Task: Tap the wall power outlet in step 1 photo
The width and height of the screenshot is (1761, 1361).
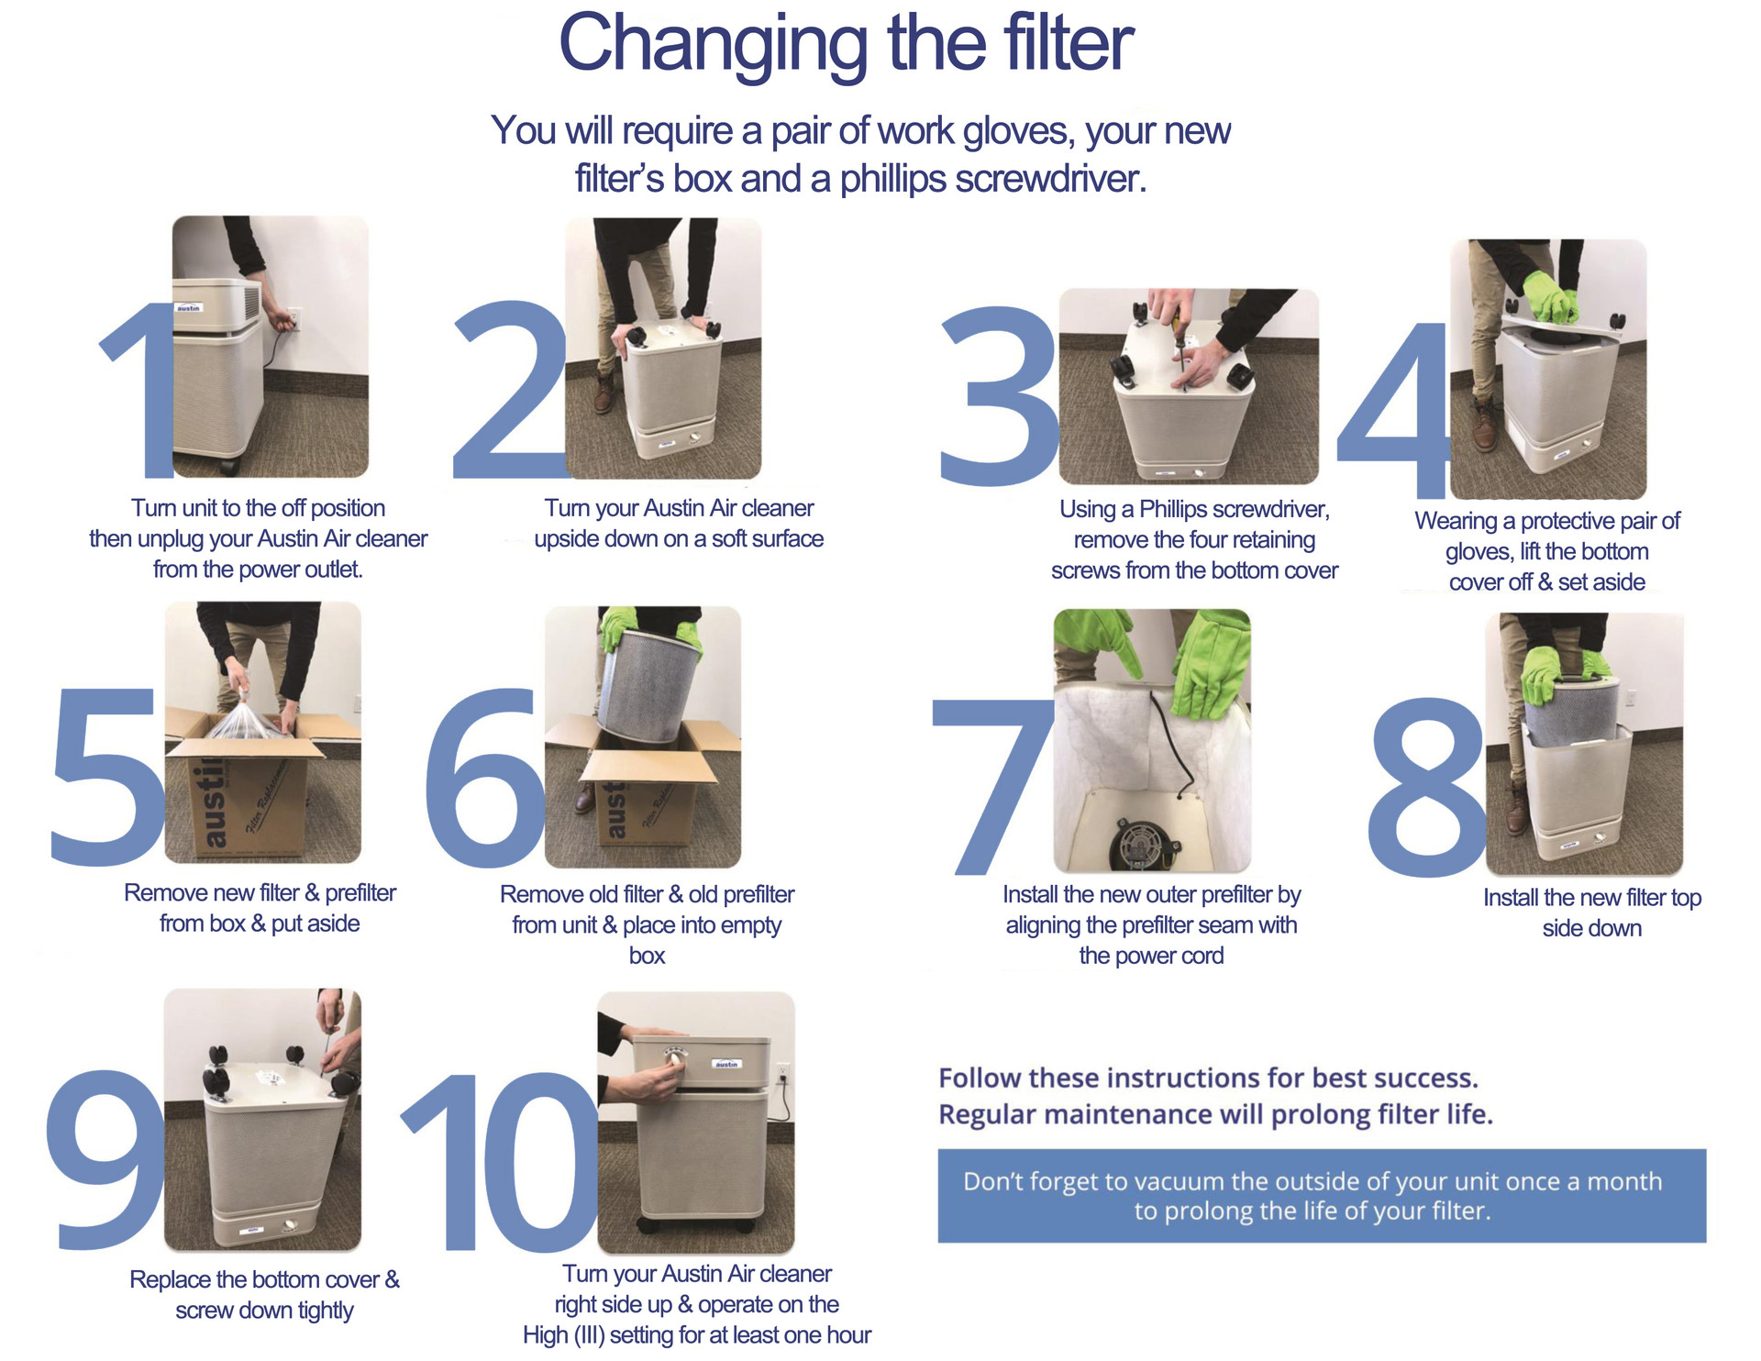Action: pos(294,318)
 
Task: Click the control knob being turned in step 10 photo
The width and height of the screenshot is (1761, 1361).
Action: pos(675,1060)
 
